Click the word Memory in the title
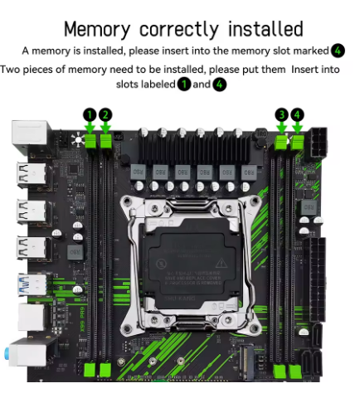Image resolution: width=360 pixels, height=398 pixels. click(x=97, y=29)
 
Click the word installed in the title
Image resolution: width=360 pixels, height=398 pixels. click(x=265, y=29)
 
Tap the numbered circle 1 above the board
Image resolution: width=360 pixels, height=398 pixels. click(x=90, y=114)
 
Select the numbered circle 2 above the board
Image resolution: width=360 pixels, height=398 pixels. click(x=105, y=114)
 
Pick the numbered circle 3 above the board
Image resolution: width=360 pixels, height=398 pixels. click(x=282, y=114)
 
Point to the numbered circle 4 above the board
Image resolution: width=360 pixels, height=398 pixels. click(x=297, y=114)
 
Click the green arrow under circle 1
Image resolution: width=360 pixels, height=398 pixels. click(x=90, y=128)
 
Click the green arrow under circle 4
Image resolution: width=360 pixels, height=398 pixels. click(x=297, y=128)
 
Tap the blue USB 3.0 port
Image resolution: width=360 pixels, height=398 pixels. click(x=32, y=284)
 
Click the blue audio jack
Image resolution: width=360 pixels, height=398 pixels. click(x=7, y=354)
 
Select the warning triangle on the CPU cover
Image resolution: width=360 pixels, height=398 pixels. click(x=221, y=263)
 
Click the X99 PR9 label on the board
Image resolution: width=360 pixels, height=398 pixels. click(x=82, y=319)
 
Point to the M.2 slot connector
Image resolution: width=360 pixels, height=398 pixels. click(x=246, y=362)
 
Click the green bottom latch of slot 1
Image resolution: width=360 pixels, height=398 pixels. click(x=90, y=370)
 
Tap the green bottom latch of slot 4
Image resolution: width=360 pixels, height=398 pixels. click(x=295, y=371)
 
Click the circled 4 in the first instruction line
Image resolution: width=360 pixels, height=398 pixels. click(x=338, y=51)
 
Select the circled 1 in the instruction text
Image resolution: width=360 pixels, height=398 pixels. click(x=184, y=85)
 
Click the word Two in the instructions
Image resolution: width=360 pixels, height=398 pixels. click(x=10, y=70)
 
